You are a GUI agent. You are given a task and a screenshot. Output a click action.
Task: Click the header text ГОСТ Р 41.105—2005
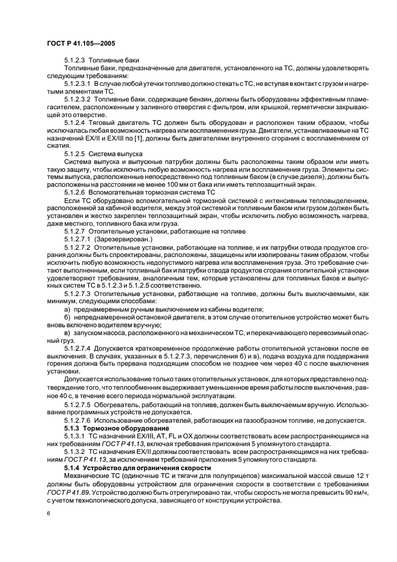coord(81,44)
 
